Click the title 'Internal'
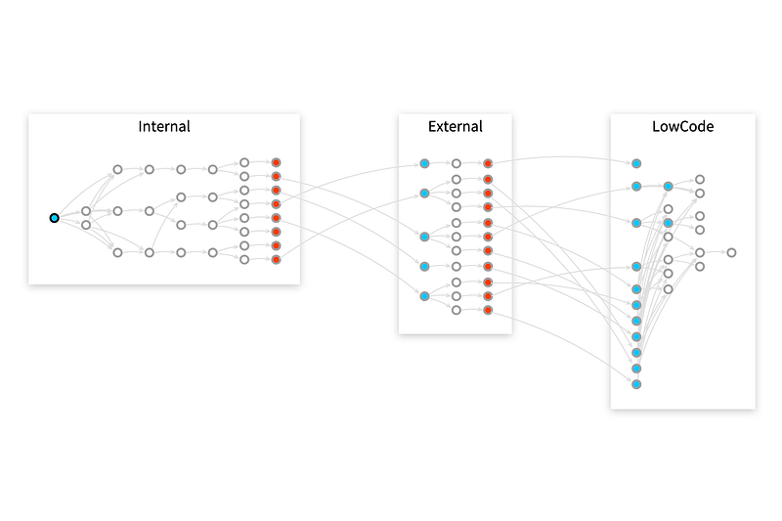pos(164,126)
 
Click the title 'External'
pos(455,126)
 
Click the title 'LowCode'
pos(682,126)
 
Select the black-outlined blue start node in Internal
pos(55,218)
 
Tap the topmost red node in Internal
pos(276,162)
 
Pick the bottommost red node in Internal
pos(276,260)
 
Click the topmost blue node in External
pos(424,163)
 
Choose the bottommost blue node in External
pos(424,295)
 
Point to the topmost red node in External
pos(488,163)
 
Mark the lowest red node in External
pos(488,310)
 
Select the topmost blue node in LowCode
pos(636,163)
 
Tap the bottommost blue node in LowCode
pos(636,384)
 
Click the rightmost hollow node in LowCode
pos(731,252)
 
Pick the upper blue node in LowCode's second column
pos(669,186)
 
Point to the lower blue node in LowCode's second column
pos(669,223)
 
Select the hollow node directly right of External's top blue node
pos(456,163)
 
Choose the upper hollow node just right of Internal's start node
pos(86,211)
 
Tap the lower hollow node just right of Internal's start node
pos(86,225)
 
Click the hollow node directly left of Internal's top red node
pos(244,162)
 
